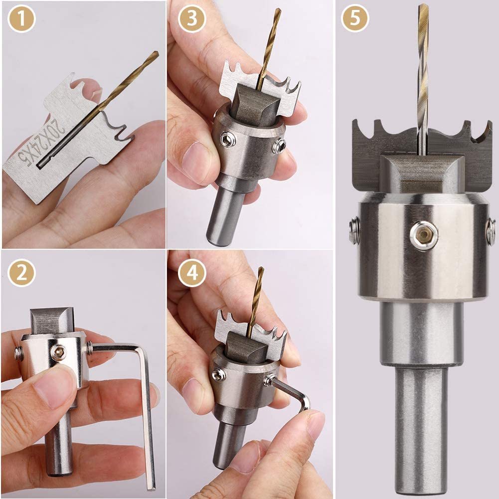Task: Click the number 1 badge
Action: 21,18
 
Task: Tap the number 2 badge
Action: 21,272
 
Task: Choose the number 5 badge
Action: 355,18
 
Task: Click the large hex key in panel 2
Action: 146,414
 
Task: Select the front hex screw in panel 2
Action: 59,352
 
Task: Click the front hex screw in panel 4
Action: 217,375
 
